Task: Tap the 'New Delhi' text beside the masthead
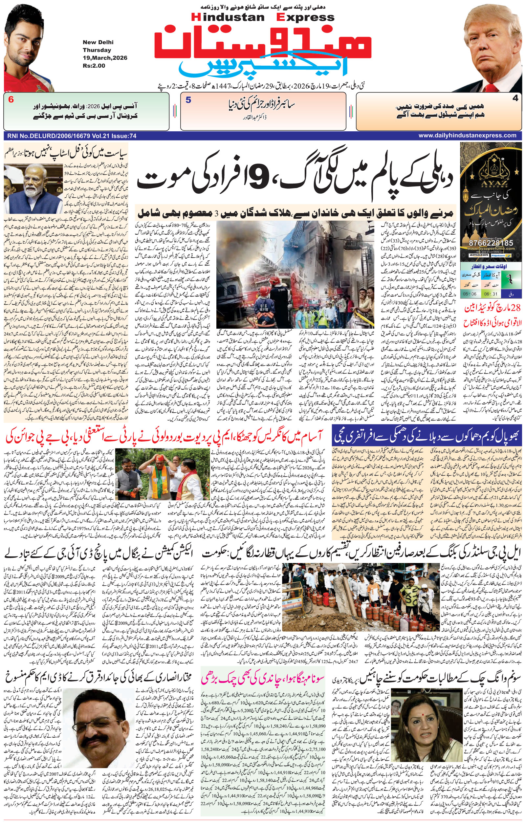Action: coord(98,42)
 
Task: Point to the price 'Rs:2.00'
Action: coord(94,66)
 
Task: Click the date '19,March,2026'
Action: coord(105,58)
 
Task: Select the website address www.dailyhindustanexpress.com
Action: coord(467,136)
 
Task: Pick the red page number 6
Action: coord(11,100)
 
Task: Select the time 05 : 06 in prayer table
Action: coord(469,294)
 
